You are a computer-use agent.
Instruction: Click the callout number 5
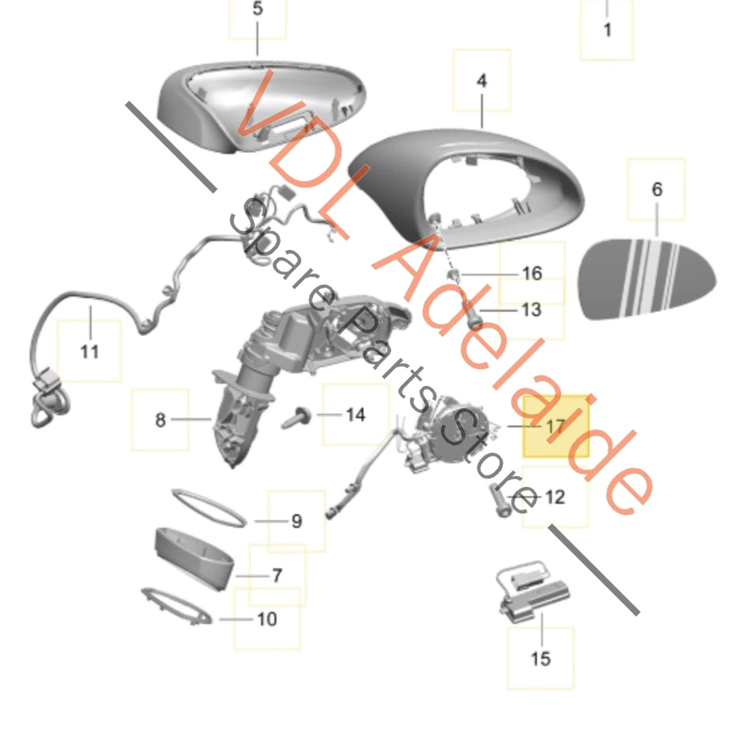(x=258, y=9)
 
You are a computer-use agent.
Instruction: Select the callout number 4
(x=481, y=81)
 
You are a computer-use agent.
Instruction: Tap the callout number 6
(x=657, y=189)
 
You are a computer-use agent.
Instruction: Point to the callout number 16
(x=532, y=273)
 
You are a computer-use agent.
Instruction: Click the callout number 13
(x=531, y=310)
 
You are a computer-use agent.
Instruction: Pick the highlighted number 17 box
(x=556, y=426)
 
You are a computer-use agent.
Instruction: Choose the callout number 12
(x=555, y=497)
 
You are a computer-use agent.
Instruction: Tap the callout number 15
(x=540, y=658)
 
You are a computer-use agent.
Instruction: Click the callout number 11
(x=89, y=352)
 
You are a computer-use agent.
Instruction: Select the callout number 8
(x=160, y=420)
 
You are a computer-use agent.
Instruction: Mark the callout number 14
(x=355, y=414)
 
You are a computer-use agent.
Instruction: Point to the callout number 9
(x=297, y=521)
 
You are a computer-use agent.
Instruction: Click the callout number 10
(x=267, y=619)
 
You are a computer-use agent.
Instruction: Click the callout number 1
(x=607, y=30)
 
